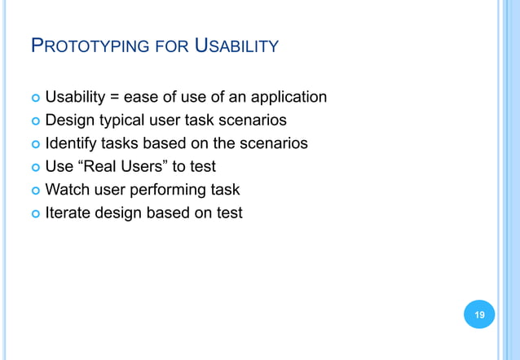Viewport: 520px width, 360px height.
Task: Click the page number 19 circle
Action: tap(479, 314)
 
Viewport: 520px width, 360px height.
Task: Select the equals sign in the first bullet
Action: tap(115, 98)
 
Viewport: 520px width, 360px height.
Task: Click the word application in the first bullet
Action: tap(289, 98)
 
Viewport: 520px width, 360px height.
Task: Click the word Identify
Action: tap(72, 143)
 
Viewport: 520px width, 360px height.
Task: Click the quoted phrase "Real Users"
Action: tap(117, 167)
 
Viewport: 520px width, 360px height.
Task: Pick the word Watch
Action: tap(68, 190)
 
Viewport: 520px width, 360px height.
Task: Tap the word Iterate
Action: tap(68, 213)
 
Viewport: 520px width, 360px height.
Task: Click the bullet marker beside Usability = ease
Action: tap(34, 99)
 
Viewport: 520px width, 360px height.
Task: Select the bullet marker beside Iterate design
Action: tap(34, 213)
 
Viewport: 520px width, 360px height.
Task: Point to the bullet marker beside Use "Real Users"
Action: tap(34, 168)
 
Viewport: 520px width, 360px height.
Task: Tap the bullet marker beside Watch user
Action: tap(34, 191)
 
